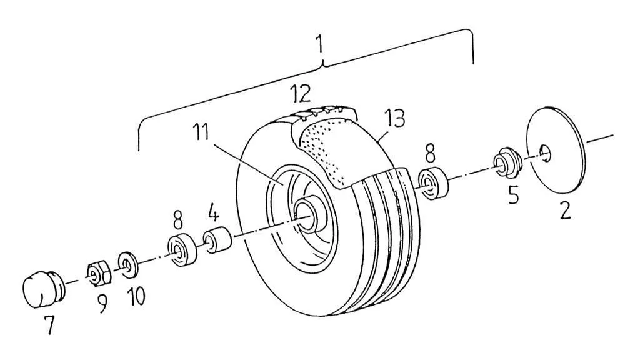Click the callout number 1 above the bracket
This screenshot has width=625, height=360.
(x=319, y=45)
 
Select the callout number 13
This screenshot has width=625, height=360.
(x=394, y=117)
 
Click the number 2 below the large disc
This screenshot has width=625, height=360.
(x=565, y=210)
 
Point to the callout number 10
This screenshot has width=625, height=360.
(x=136, y=297)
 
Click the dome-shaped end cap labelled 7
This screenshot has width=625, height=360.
(x=41, y=289)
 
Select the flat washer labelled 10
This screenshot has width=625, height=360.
(x=127, y=264)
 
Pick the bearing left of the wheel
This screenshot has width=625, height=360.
(x=182, y=249)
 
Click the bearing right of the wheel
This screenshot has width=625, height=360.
(x=433, y=183)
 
